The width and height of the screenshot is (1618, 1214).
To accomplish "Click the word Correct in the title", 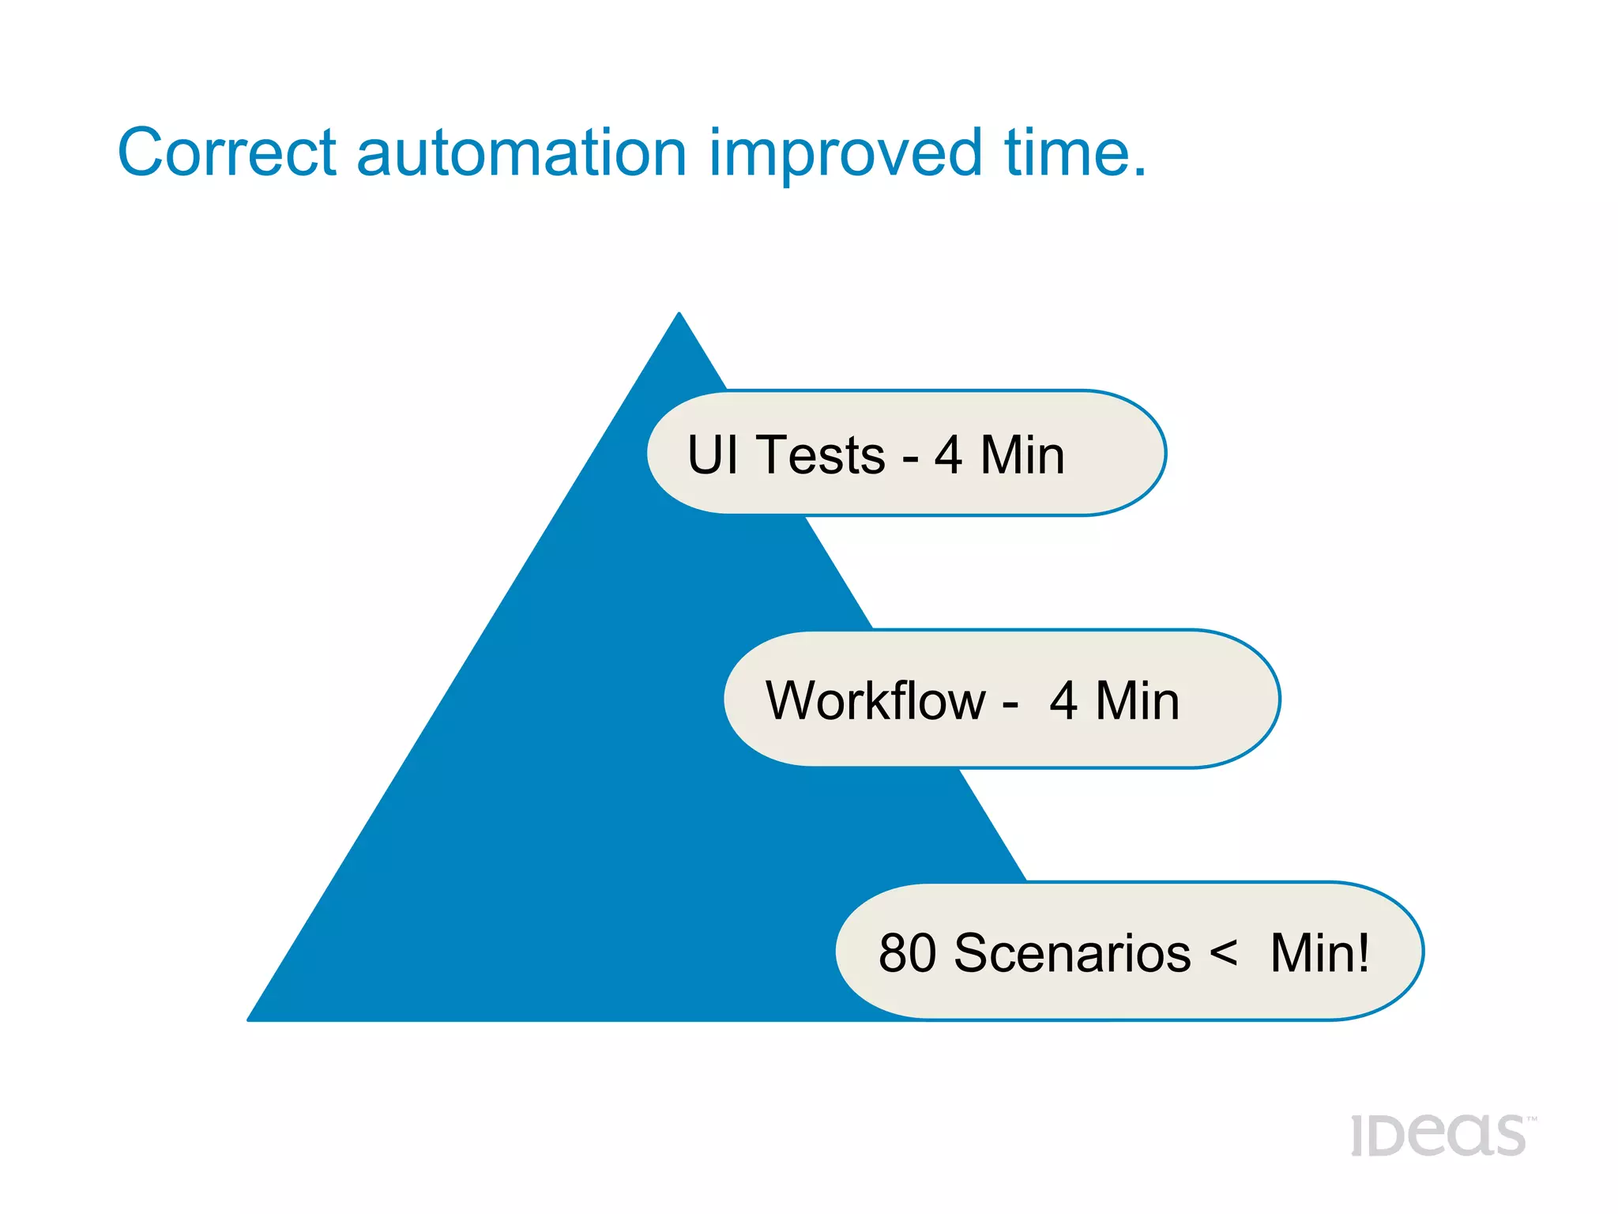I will click(228, 152).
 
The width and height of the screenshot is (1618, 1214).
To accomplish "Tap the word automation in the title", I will click(521, 152).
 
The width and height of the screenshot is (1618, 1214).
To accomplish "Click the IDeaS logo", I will click(1438, 1136).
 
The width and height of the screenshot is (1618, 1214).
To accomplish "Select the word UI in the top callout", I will click(713, 455).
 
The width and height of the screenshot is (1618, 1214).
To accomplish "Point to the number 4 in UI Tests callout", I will click(948, 455).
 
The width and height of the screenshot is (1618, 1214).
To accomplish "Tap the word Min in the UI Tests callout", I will click(1022, 455).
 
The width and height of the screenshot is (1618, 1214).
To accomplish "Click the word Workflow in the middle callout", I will click(875, 700).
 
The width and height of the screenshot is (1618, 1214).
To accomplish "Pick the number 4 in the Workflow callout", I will click(1063, 700).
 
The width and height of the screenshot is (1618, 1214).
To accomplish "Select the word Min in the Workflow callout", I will click(1138, 700).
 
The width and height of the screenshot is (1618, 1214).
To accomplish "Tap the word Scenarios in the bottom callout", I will click(1072, 953).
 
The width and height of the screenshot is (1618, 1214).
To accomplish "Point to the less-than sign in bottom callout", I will click(1223, 953).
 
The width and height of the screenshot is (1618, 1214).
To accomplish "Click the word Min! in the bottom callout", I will click(1319, 953).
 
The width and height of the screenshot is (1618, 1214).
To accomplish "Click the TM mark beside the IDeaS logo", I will click(1532, 1119).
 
